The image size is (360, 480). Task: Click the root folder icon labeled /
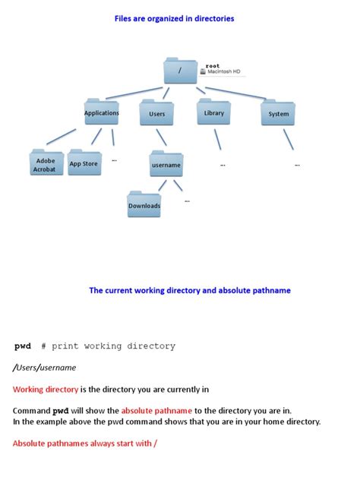click(x=180, y=71)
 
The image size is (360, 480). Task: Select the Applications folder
click(x=102, y=113)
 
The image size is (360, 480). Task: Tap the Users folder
click(x=157, y=114)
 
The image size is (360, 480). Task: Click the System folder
click(x=278, y=114)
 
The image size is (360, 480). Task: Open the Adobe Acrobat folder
click(x=45, y=164)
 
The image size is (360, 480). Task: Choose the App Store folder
click(x=84, y=163)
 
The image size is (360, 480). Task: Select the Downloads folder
click(x=144, y=204)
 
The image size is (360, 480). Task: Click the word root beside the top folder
click(x=213, y=65)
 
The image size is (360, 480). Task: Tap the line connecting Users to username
click(x=161, y=138)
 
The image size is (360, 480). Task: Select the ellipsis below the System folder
click(x=297, y=163)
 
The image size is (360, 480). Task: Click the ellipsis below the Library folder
click(x=223, y=163)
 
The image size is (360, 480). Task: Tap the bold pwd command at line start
click(x=23, y=346)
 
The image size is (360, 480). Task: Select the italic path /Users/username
click(x=45, y=368)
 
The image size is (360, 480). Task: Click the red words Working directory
click(x=46, y=389)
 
